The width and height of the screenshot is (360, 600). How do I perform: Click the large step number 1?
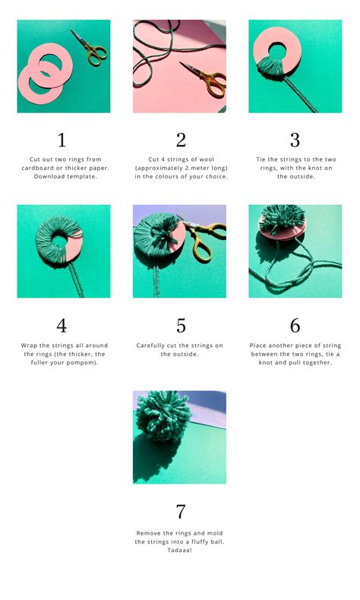(62, 140)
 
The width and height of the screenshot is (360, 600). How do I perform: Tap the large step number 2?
(181, 140)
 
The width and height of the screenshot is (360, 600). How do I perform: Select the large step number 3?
(295, 140)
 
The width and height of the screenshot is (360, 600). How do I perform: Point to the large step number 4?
(62, 326)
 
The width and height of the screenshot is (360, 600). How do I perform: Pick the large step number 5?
(181, 326)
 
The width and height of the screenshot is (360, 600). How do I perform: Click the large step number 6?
(295, 326)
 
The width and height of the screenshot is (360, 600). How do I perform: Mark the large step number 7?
(181, 512)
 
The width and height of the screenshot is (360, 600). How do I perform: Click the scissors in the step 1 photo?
(91, 49)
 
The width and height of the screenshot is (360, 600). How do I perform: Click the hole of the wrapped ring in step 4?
(60, 241)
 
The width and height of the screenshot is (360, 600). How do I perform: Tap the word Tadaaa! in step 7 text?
(179, 551)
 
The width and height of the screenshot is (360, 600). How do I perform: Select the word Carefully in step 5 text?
(150, 346)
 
